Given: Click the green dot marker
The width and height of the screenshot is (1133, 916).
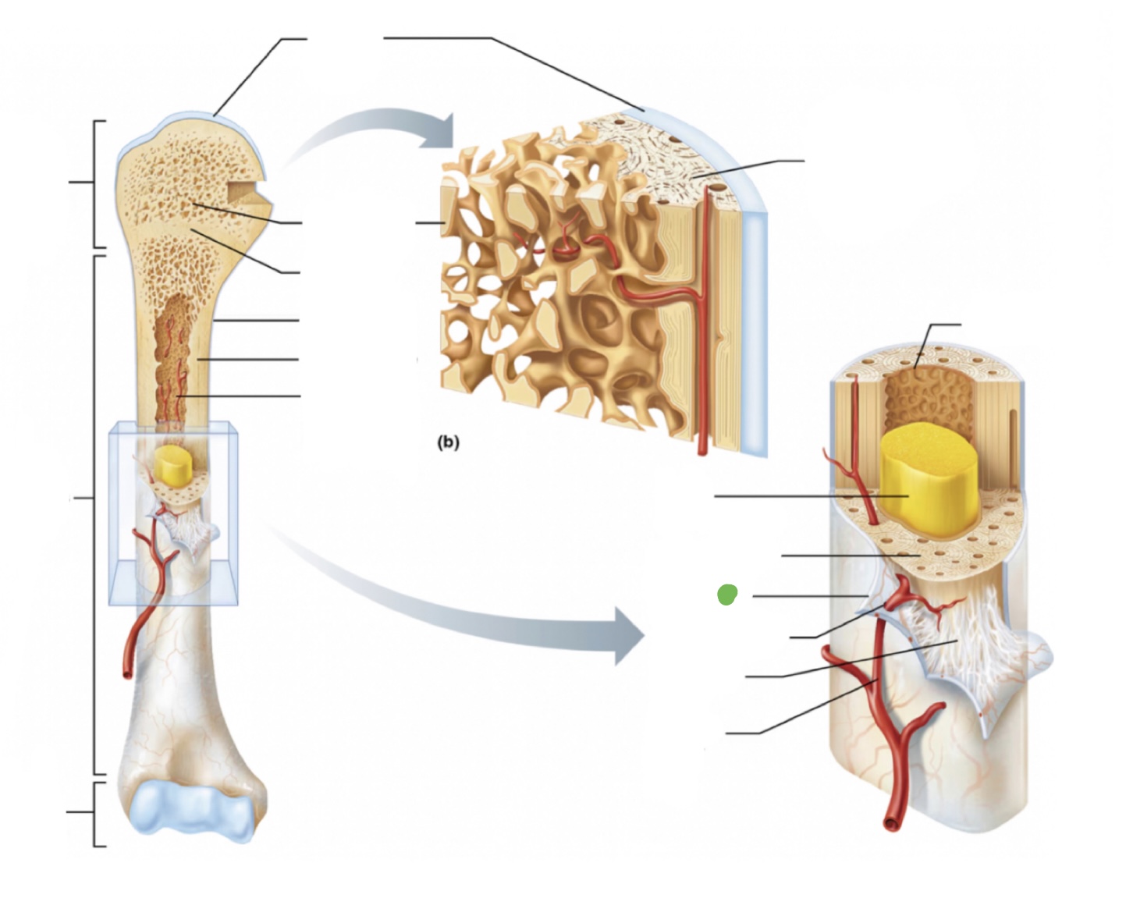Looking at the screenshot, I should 726,595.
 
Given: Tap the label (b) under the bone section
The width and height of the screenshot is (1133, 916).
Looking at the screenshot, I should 448,442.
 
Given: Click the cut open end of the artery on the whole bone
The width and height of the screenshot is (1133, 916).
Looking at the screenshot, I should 126,670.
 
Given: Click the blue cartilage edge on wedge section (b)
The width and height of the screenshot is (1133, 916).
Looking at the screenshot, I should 753,312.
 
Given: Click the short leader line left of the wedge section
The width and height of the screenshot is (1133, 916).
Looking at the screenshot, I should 428,224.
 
